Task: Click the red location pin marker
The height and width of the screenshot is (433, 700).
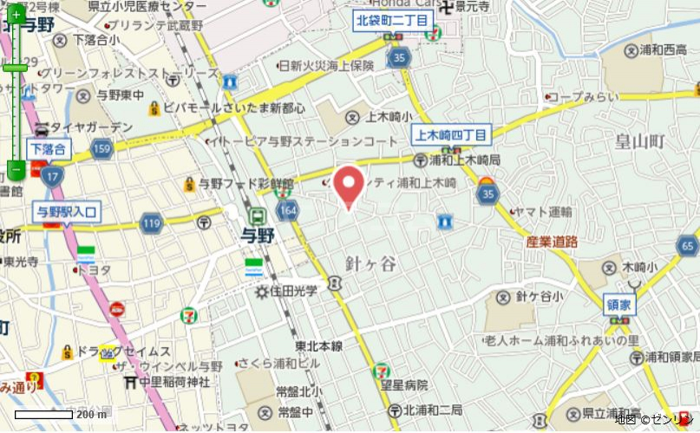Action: click(x=349, y=185)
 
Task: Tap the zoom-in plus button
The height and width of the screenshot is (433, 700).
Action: click(x=16, y=15)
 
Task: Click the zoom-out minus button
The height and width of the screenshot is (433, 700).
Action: click(x=16, y=168)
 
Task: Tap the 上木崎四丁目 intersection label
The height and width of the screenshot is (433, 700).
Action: click(x=451, y=134)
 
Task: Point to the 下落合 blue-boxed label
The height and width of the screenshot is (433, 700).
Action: click(x=48, y=149)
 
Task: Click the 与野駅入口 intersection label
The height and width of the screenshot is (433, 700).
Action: click(x=68, y=210)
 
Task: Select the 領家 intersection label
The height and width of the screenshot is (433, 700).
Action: click(x=620, y=303)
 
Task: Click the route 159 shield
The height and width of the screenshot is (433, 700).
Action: click(x=101, y=150)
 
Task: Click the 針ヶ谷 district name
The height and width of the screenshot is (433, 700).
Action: click(x=370, y=263)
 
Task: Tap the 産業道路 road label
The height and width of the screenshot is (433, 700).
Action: click(x=552, y=242)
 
